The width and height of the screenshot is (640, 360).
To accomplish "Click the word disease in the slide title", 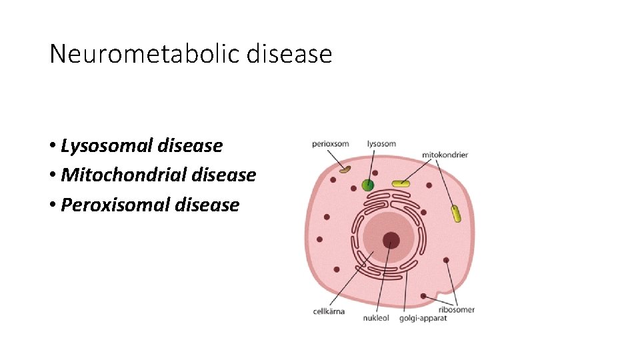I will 289,53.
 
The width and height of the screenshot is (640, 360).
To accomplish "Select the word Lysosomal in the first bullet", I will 107,145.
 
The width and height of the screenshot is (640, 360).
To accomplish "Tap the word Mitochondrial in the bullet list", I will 123,175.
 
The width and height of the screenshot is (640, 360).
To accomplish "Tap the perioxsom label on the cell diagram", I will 330,144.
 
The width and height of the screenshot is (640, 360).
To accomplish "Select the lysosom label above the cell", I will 381,143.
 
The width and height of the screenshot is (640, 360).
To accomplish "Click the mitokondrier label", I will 445,155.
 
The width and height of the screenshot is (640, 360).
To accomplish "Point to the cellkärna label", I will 329,311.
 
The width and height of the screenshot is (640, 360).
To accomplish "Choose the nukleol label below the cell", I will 376,318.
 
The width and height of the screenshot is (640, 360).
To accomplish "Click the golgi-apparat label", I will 423,318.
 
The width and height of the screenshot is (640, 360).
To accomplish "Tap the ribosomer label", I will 457,309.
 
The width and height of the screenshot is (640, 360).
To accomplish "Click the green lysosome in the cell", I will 367,185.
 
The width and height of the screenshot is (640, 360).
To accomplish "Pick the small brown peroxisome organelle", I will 345,169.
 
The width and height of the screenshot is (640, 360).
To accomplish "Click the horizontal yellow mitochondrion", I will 401,183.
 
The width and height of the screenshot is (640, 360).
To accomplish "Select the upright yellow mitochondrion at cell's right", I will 455,213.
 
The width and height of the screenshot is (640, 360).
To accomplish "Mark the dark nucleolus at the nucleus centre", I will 391,241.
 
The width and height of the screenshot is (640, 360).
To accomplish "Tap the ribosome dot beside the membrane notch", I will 423,295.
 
